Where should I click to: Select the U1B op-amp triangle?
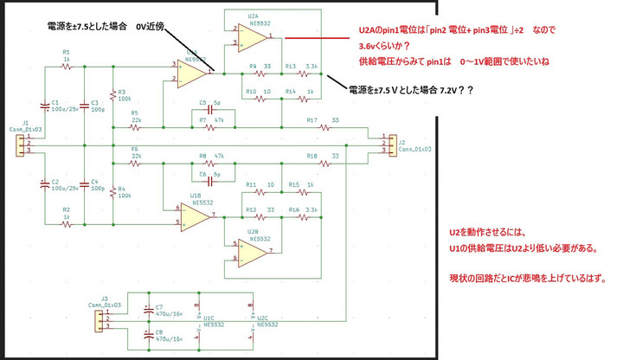point(194,215)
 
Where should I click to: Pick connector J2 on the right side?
point(381,143)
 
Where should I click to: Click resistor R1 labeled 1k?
point(67,62)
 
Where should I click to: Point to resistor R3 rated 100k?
point(112,97)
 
